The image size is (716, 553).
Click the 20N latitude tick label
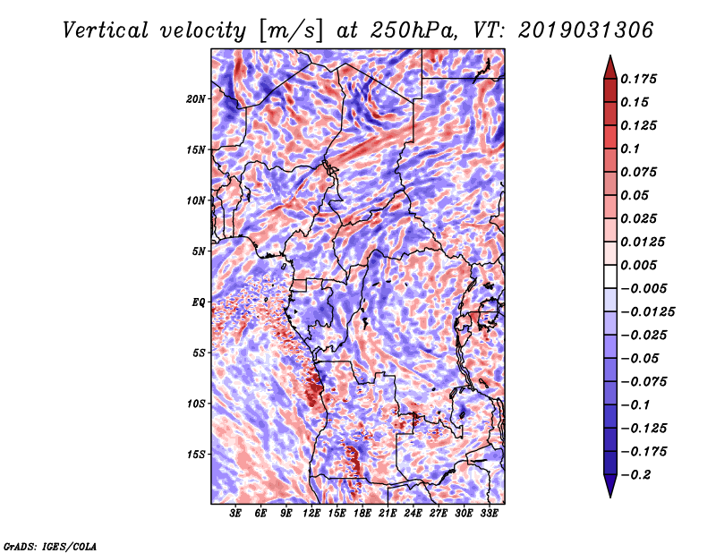click(x=196, y=98)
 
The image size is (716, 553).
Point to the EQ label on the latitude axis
click(x=199, y=302)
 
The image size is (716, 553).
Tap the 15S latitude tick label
click(x=196, y=455)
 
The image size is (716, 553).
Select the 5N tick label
click(x=199, y=251)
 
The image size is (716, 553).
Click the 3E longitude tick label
click(x=235, y=514)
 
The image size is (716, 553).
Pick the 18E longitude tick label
click(x=362, y=514)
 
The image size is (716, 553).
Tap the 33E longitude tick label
click(x=490, y=514)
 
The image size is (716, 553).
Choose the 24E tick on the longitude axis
click(x=413, y=514)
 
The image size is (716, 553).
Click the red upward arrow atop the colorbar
click(x=609, y=66)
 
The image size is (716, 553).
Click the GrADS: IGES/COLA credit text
click(x=49, y=545)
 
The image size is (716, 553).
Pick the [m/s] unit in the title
click(x=292, y=31)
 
